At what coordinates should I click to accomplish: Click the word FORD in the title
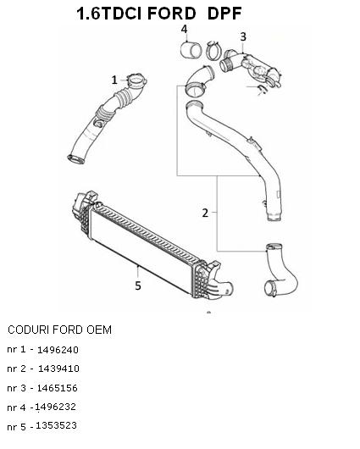172,14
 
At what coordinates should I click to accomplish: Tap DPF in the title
224,14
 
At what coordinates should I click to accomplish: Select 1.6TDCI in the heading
109,14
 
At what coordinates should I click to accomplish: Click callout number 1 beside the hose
114,80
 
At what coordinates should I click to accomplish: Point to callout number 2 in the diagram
205,213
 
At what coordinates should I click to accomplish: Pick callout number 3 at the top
243,36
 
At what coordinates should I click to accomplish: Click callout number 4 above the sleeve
184,29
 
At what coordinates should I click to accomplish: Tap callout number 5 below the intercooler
138,285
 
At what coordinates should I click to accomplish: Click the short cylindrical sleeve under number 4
191,50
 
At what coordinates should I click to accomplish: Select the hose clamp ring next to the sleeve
213,51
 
